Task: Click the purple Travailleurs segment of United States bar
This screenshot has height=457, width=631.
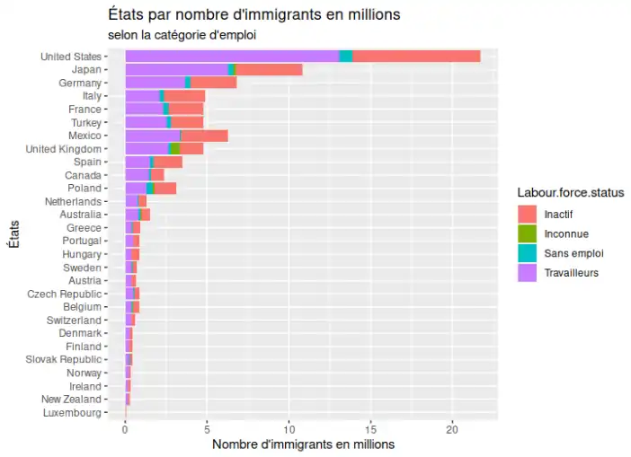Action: click(231, 57)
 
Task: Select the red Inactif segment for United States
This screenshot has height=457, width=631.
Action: click(416, 57)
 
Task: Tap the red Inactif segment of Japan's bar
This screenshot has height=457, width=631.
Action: click(268, 69)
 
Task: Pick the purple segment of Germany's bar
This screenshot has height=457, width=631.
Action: click(155, 83)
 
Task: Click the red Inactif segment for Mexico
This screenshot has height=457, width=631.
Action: click(204, 135)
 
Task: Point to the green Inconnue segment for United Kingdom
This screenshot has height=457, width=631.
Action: click(175, 148)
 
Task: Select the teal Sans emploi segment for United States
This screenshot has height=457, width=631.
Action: click(345, 57)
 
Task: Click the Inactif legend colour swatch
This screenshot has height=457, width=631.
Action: click(528, 214)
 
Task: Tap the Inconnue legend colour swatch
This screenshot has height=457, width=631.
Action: click(528, 233)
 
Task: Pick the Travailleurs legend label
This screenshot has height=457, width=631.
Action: click(572, 273)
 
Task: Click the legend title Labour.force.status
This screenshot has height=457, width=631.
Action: click(571, 192)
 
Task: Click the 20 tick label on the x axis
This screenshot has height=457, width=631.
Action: click(453, 429)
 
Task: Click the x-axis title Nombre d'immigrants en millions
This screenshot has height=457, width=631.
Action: click(302, 444)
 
